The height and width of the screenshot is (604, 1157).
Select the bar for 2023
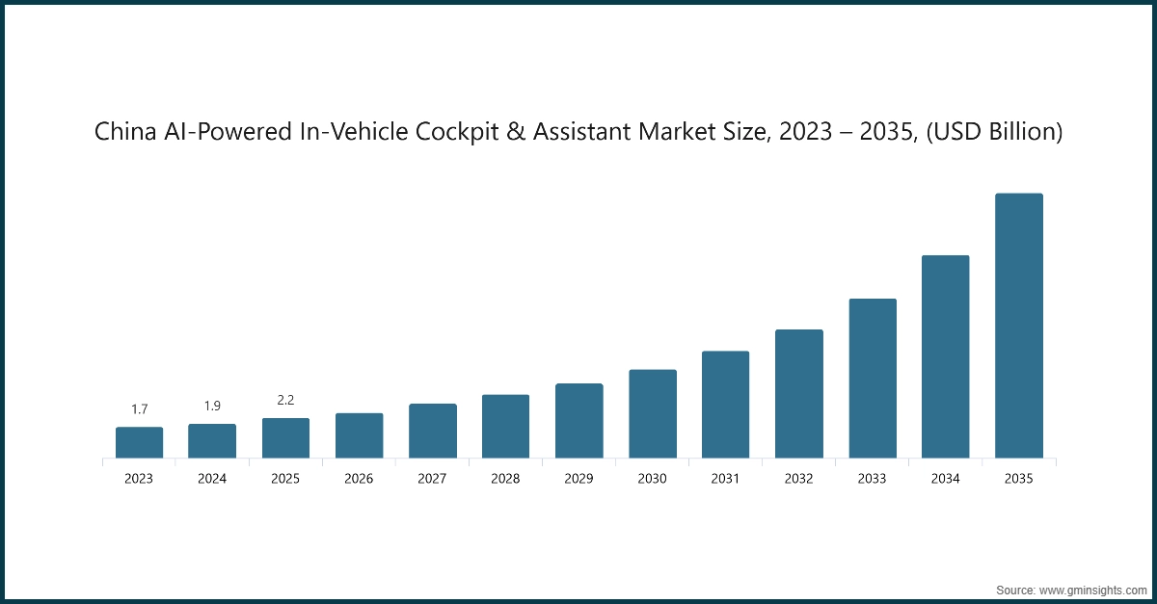point(139,442)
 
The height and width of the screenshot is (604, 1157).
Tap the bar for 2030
point(652,413)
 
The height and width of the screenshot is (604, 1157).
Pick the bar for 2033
point(872,378)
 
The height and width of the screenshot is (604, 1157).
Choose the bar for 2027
point(432,431)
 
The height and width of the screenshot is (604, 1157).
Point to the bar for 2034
point(945,356)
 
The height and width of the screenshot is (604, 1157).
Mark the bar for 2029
point(578,420)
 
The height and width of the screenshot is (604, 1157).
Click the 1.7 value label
point(139,409)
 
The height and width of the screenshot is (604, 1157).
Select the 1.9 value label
point(212,406)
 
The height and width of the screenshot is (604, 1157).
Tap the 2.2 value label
point(285,400)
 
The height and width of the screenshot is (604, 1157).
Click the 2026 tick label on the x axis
point(359,479)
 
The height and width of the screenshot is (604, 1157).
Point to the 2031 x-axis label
point(725,479)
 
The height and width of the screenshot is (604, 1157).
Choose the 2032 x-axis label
point(798,479)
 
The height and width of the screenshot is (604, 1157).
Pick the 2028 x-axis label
point(505,479)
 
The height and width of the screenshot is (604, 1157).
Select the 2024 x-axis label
point(212,479)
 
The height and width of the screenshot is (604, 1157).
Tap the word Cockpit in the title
point(464,133)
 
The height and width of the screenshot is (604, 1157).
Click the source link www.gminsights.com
point(1092,589)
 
